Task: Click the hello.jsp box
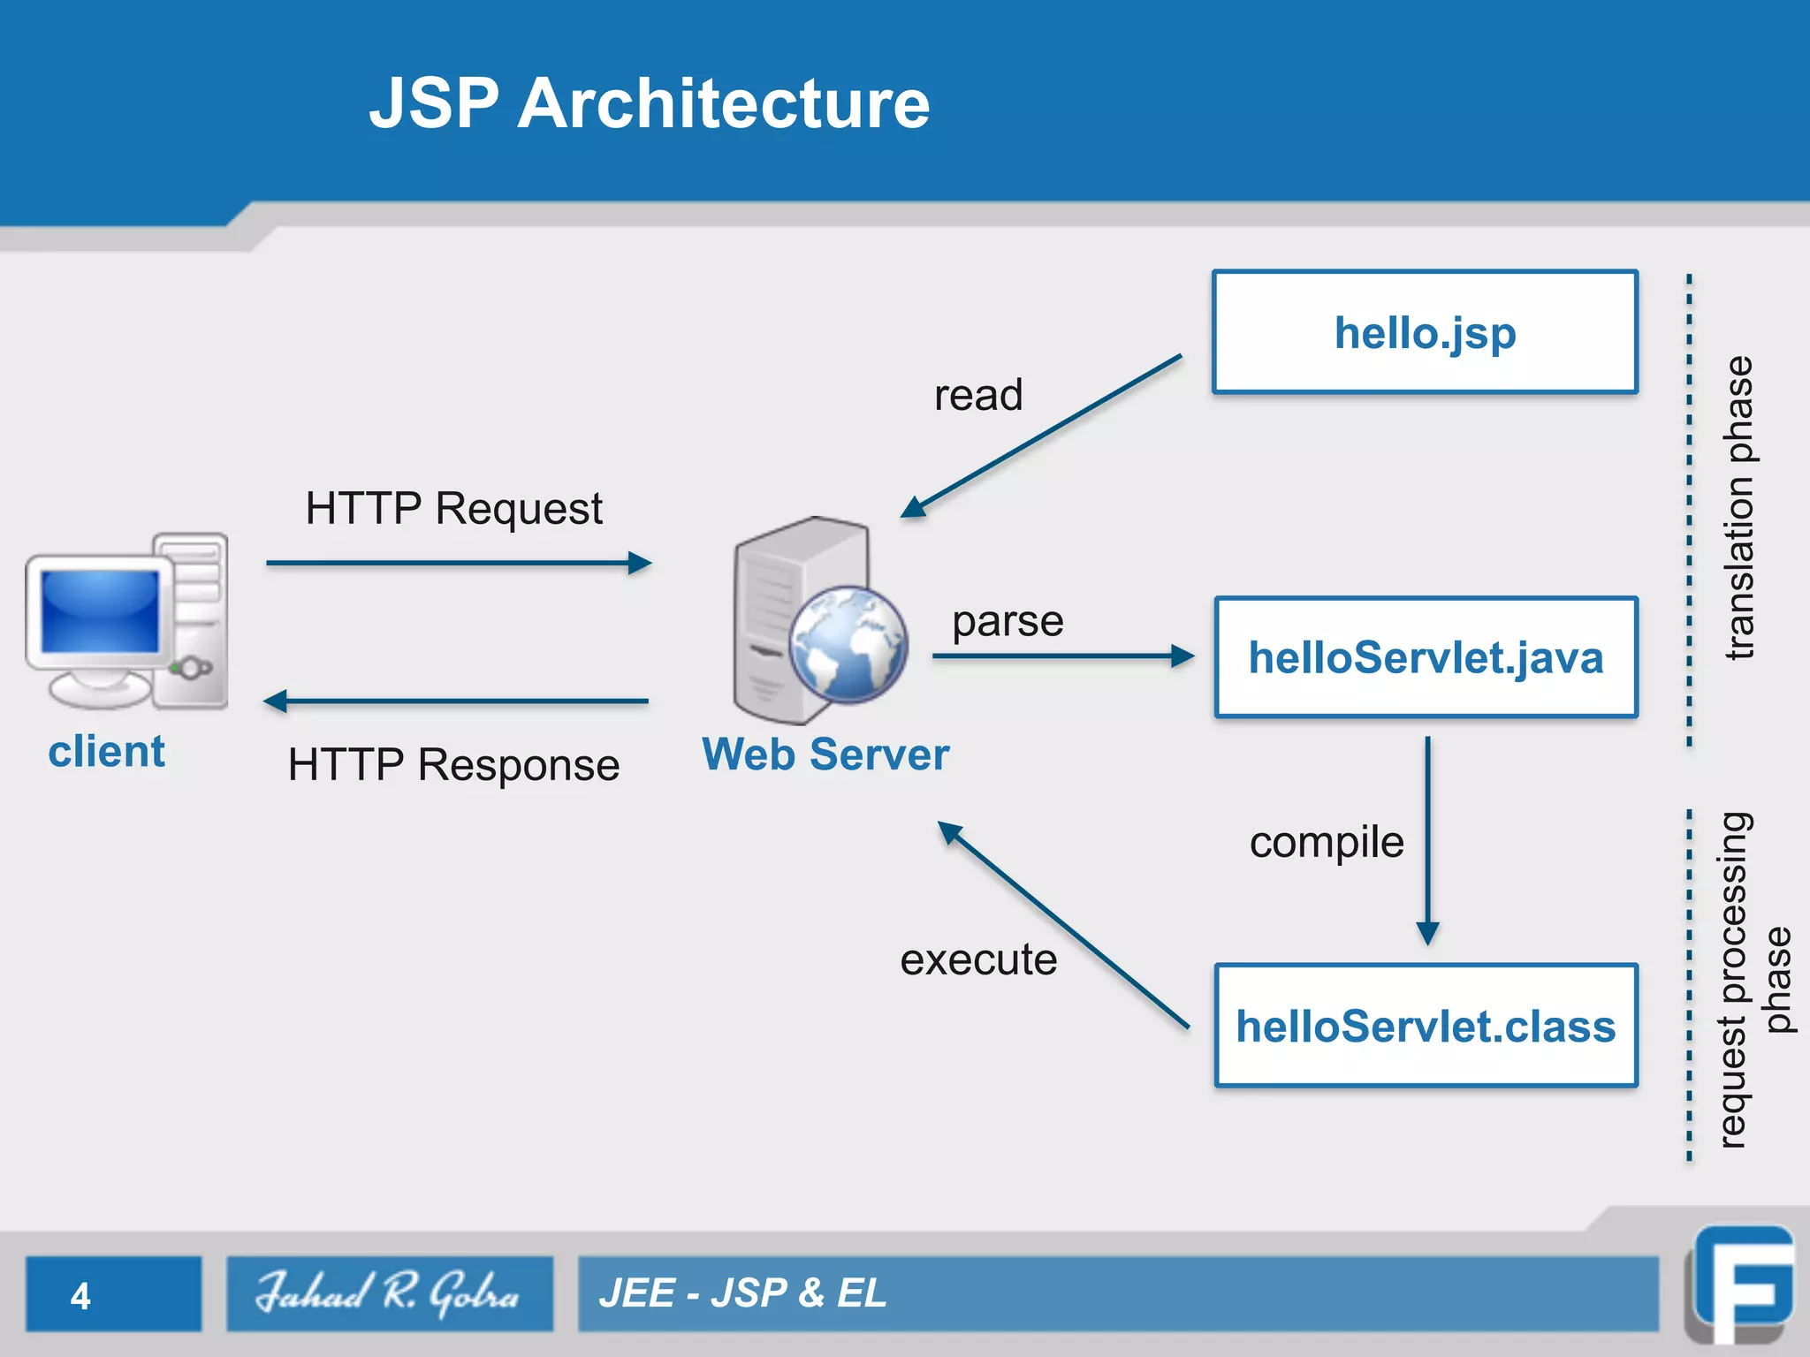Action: [x=1425, y=332]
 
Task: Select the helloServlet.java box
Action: [x=1425, y=657]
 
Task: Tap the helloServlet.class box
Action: [x=1425, y=1026]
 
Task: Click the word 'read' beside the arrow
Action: [x=978, y=395]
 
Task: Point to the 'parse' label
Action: [x=1008, y=621]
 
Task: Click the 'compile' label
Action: [x=1326, y=842]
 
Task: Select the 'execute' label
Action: [x=978, y=959]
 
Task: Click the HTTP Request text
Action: [x=453, y=509]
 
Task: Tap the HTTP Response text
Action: [x=453, y=764]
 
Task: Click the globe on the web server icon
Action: [x=848, y=644]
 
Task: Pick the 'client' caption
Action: [x=106, y=752]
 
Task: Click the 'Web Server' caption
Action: [x=825, y=754]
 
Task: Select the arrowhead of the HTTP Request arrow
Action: [x=640, y=563]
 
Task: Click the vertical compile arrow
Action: [x=1427, y=839]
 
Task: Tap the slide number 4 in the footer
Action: [x=80, y=1296]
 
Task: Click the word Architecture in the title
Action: [x=723, y=103]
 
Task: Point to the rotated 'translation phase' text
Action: [x=1739, y=508]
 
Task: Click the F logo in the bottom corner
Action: [x=1741, y=1285]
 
